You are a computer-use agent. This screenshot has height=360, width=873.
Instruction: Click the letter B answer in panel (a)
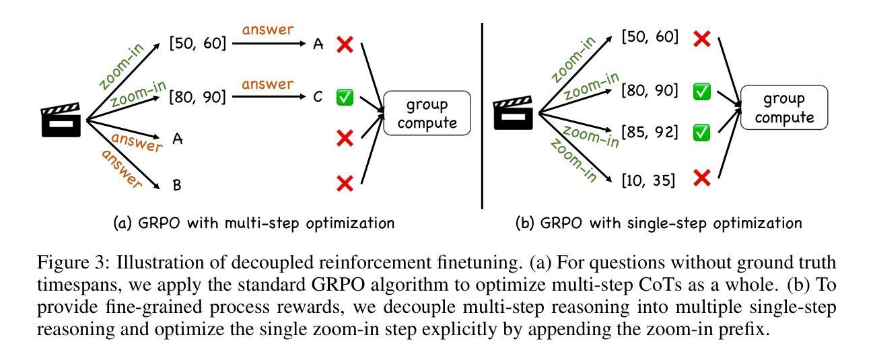tap(177, 184)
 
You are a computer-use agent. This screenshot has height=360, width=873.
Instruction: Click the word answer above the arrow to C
tap(267, 84)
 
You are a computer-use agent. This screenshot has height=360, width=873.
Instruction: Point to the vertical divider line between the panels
tap(482, 114)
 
